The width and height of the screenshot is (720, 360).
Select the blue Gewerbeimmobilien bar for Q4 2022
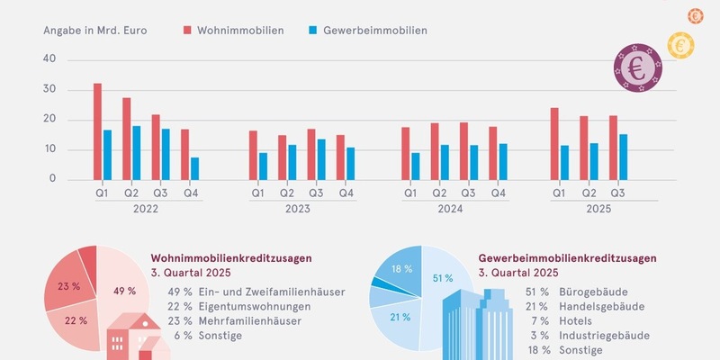coord(195,168)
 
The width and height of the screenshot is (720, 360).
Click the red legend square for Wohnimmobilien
coord(187,30)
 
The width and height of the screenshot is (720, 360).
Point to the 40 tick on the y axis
coord(49,58)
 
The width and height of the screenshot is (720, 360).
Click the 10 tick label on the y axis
coord(49,149)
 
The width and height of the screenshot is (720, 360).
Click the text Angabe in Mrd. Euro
coord(94,30)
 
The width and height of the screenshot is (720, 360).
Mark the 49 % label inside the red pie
coord(125,291)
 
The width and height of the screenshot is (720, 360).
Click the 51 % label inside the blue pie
coord(443,278)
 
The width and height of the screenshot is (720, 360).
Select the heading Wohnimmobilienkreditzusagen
coord(231,258)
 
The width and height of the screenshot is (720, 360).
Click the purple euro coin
coord(638,67)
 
